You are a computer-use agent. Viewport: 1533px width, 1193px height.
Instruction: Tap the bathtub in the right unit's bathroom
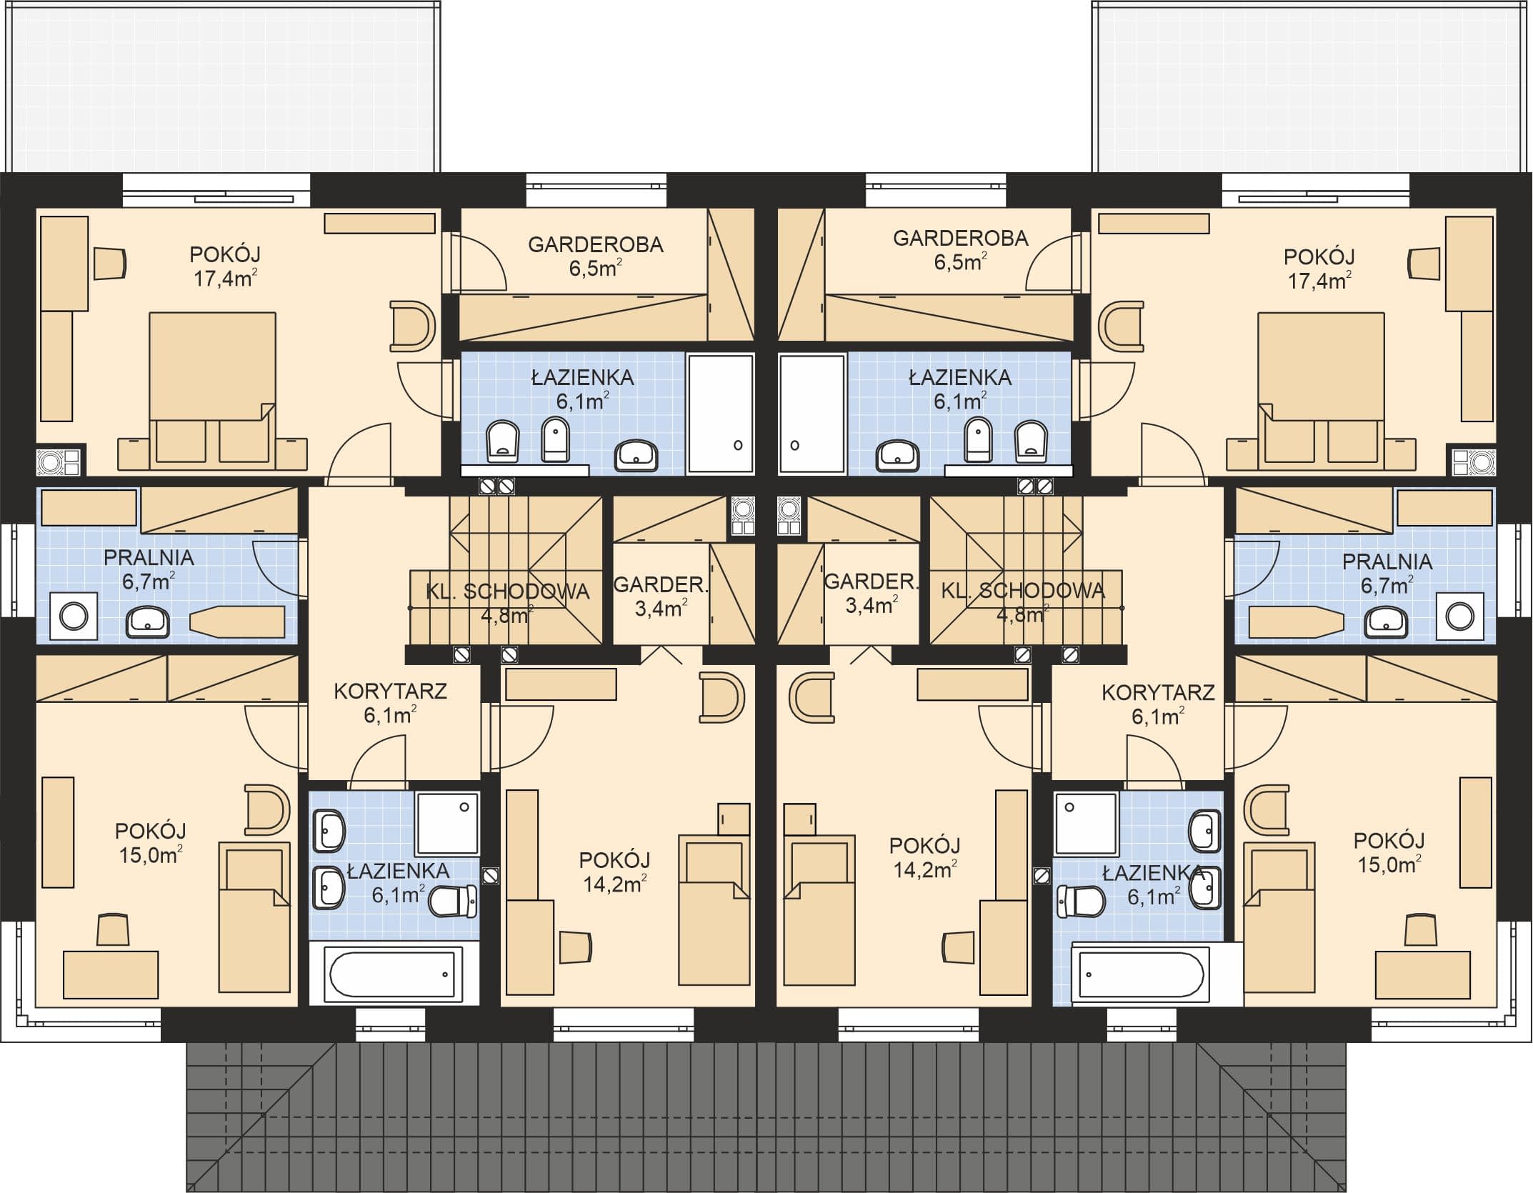(x=1141, y=972)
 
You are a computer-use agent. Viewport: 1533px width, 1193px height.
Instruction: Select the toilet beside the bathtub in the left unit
(x=453, y=901)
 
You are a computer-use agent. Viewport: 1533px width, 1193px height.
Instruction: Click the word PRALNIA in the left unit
(x=149, y=558)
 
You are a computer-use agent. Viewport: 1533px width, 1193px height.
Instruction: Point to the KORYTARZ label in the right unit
(x=1158, y=692)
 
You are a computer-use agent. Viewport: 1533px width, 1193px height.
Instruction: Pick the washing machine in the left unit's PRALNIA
(x=74, y=616)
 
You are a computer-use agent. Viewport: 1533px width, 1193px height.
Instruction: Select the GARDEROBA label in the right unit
(x=960, y=238)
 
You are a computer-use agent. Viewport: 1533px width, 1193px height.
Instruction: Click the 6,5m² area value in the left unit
(x=595, y=269)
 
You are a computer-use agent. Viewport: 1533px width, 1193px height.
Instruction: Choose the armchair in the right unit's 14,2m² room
(x=812, y=698)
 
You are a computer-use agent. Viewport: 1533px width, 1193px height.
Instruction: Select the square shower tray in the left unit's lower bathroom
(x=448, y=823)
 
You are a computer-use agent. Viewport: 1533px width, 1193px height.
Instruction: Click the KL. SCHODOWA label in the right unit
(x=1023, y=590)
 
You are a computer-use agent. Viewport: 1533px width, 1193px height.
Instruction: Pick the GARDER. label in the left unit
(x=661, y=585)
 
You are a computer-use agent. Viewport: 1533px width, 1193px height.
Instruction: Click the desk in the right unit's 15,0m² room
(x=1423, y=974)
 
